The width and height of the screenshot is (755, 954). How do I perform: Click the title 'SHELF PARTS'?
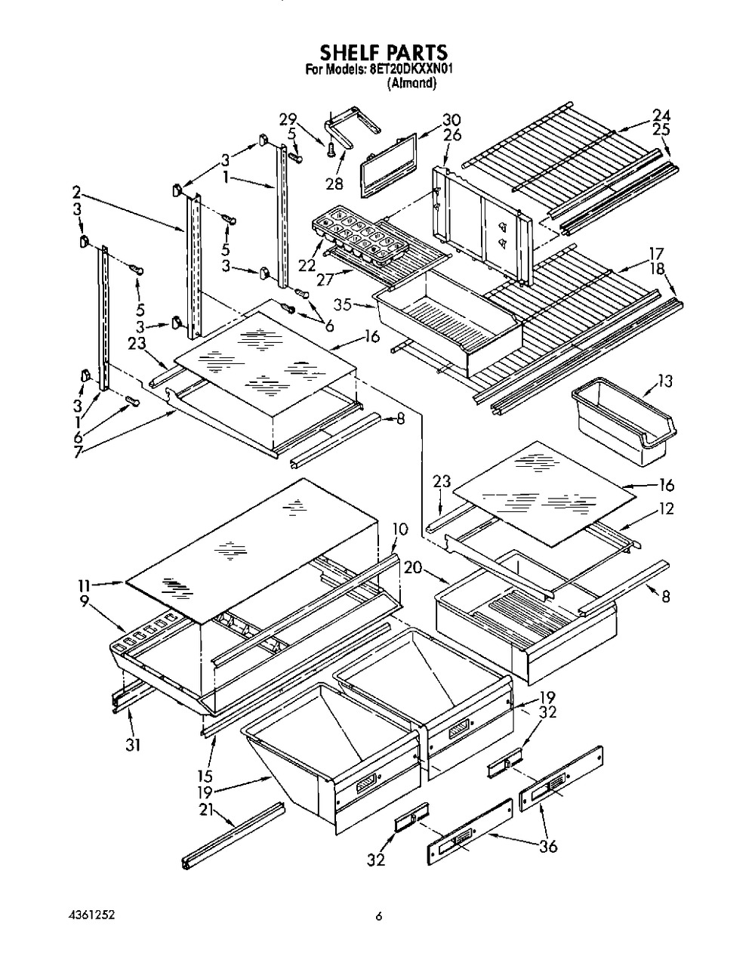click(384, 52)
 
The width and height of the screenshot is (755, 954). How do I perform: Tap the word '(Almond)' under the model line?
click(412, 84)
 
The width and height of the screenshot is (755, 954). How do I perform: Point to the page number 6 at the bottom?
click(380, 917)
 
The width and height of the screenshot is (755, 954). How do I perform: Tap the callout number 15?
click(204, 775)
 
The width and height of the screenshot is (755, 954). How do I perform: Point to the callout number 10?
click(400, 527)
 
